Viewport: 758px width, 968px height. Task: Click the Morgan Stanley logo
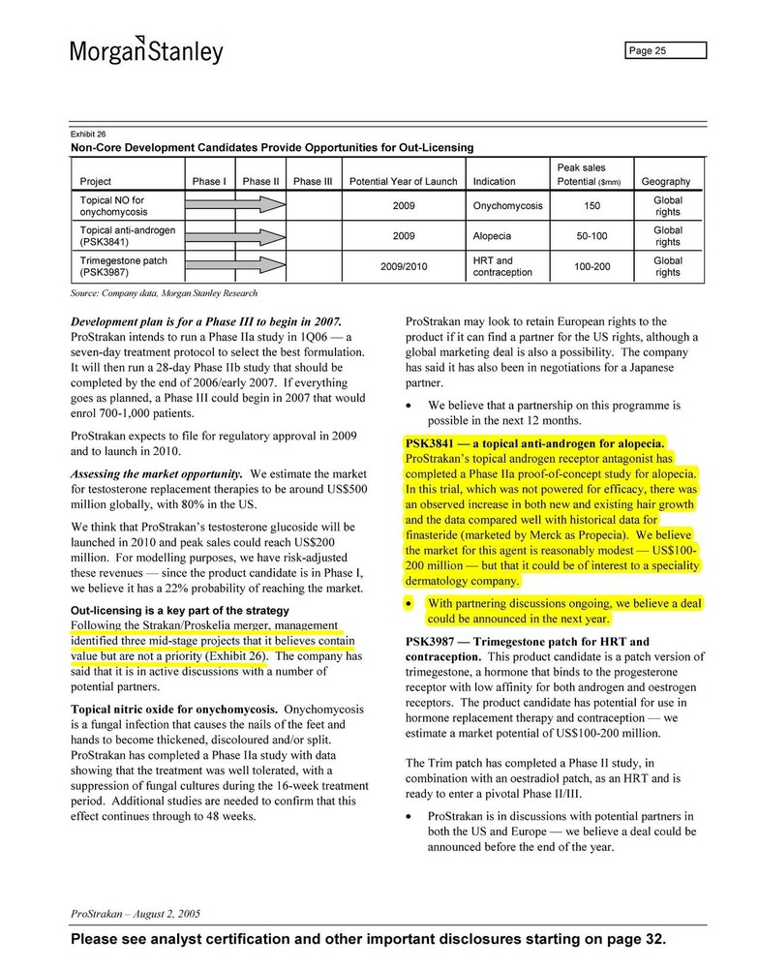click(146, 50)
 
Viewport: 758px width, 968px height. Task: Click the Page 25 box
click(664, 51)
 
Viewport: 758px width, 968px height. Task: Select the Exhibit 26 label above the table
click(88, 134)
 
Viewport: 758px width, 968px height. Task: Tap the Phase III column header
click(313, 181)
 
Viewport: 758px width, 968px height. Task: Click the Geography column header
click(666, 181)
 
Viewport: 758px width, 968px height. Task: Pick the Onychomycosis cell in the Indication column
click(508, 206)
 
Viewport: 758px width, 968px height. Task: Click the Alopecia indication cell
click(492, 236)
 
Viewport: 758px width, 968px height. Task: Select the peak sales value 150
click(591, 206)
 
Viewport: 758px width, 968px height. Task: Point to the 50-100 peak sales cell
click(591, 236)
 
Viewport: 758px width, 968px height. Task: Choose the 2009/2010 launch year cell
click(404, 266)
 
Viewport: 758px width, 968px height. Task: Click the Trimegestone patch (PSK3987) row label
click(123, 266)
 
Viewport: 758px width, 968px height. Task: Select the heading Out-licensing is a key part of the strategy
click(179, 611)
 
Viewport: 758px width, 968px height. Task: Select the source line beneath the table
click(164, 292)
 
